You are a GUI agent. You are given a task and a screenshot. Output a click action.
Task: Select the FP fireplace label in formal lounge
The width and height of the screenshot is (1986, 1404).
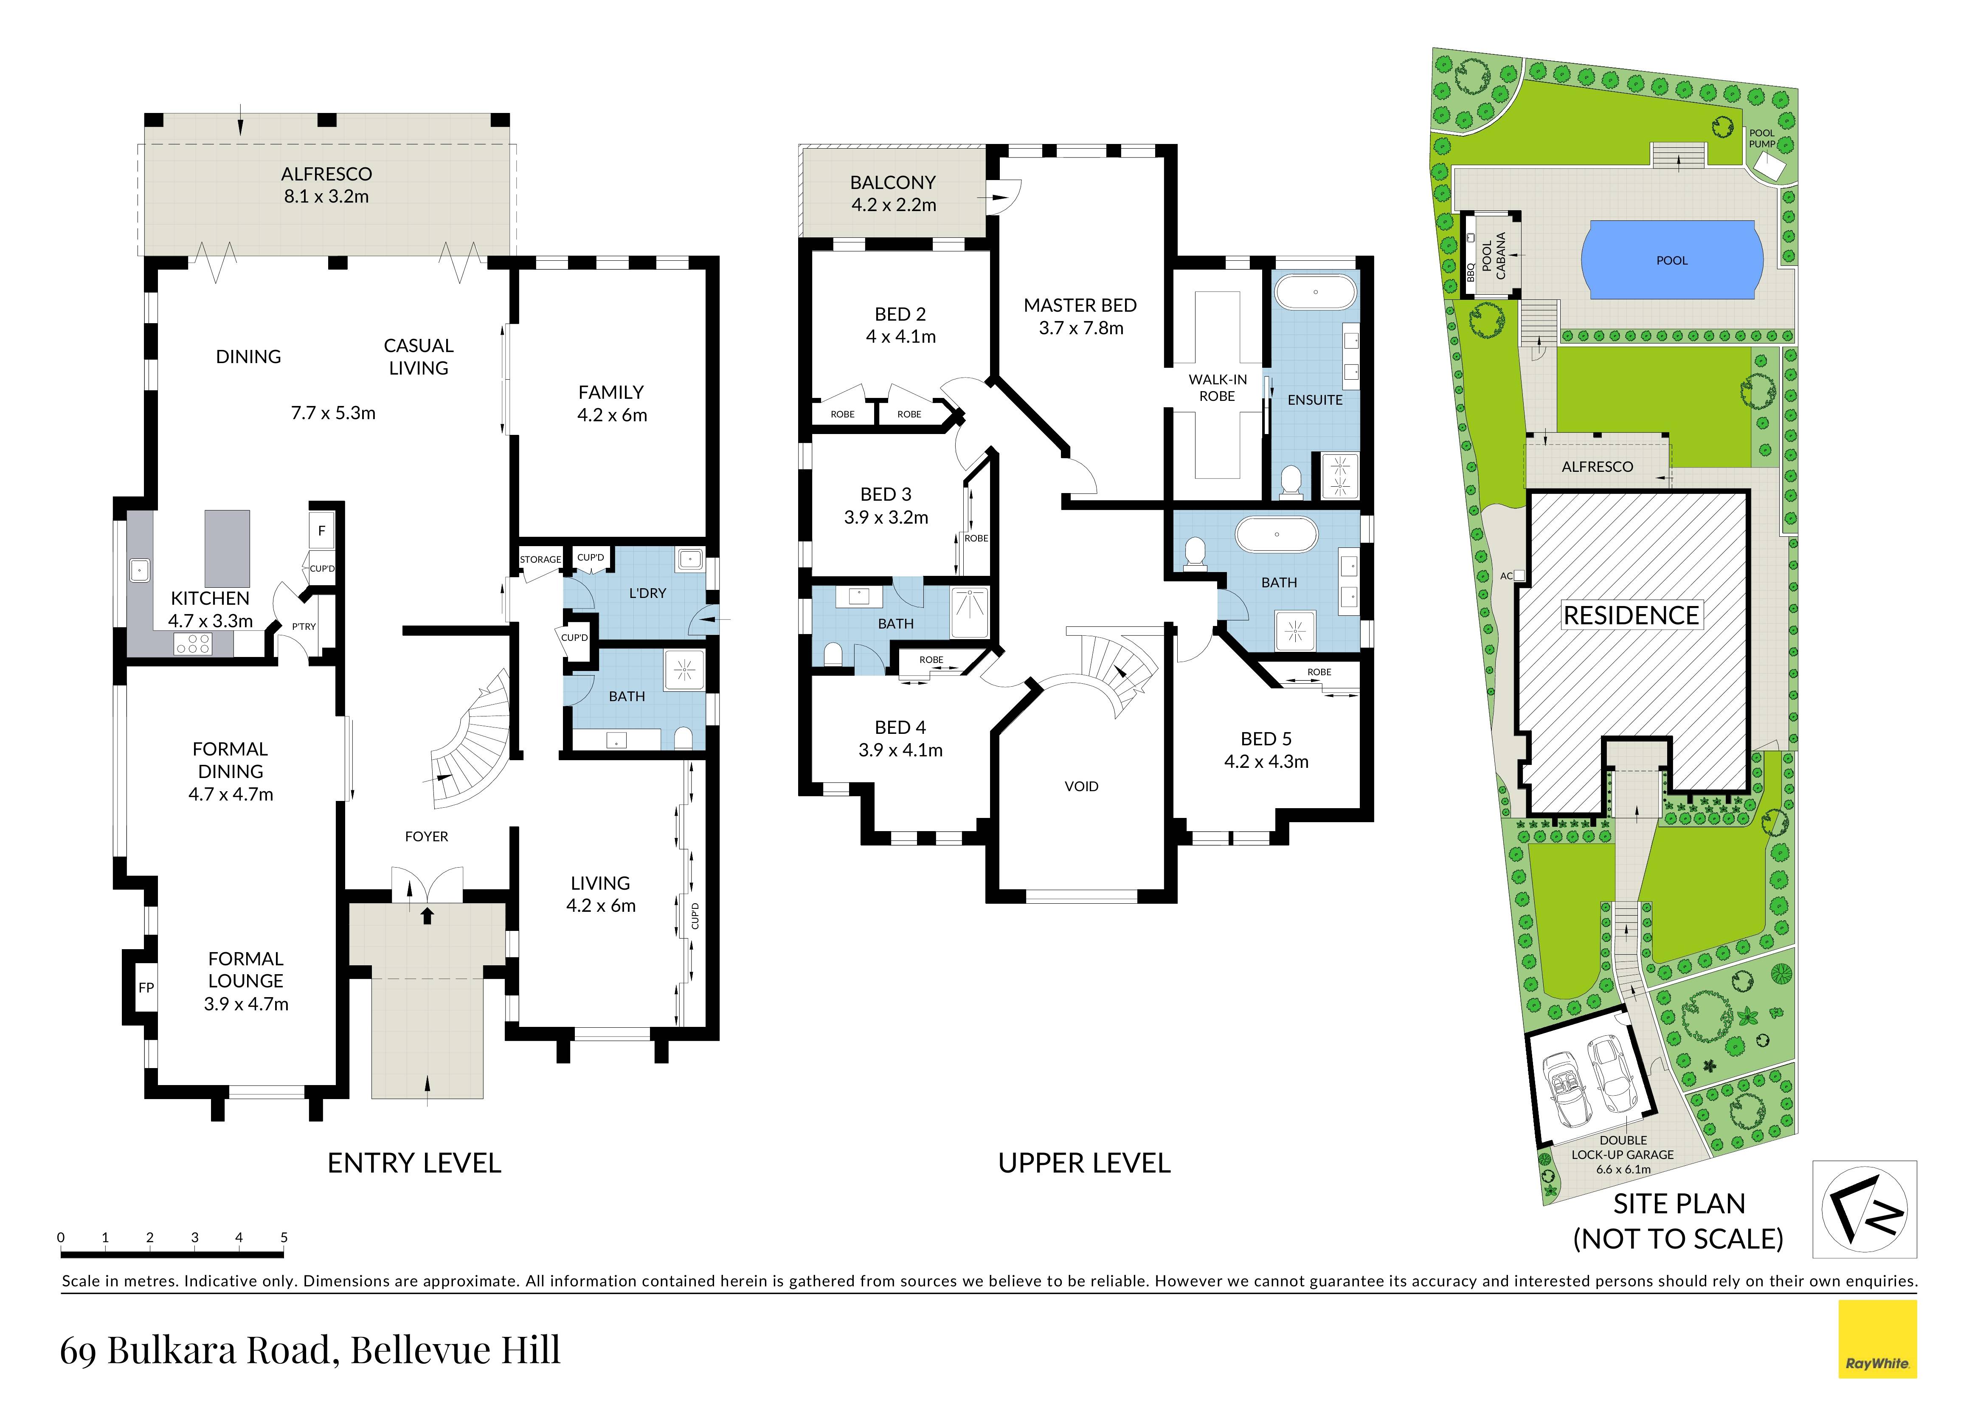point(146,987)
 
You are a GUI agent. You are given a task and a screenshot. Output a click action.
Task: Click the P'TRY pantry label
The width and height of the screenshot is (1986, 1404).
point(304,626)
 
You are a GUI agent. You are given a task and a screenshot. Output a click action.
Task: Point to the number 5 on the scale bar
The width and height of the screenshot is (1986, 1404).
point(284,1237)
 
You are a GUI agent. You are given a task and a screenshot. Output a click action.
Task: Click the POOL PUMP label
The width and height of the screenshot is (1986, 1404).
point(1762,138)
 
